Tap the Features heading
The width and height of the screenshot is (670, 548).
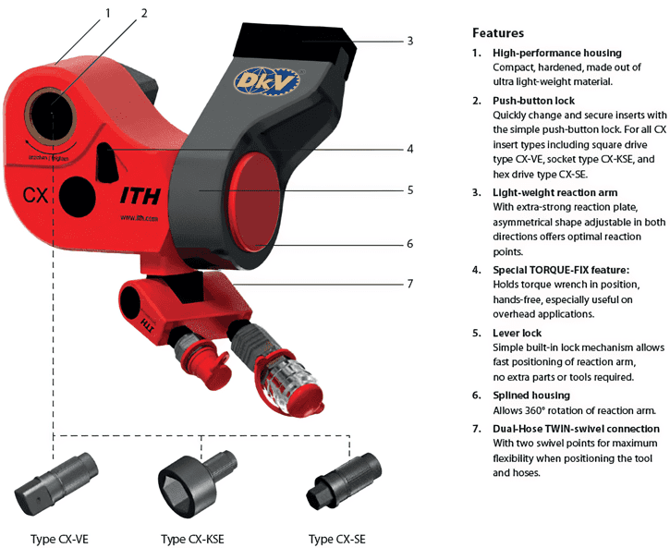click(x=498, y=32)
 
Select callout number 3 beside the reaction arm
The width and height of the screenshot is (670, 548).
click(x=409, y=41)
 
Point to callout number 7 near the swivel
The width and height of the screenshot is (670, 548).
click(x=409, y=283)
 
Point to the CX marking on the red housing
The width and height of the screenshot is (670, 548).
click(x=35, y=195)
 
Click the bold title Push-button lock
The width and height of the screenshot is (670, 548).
click(x=534, y=100)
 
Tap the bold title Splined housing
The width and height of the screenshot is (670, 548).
click(x=531, y=396)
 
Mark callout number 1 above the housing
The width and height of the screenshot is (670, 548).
click(x=107, y=13)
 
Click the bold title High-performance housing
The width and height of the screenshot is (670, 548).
click(x=556, y=53)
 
